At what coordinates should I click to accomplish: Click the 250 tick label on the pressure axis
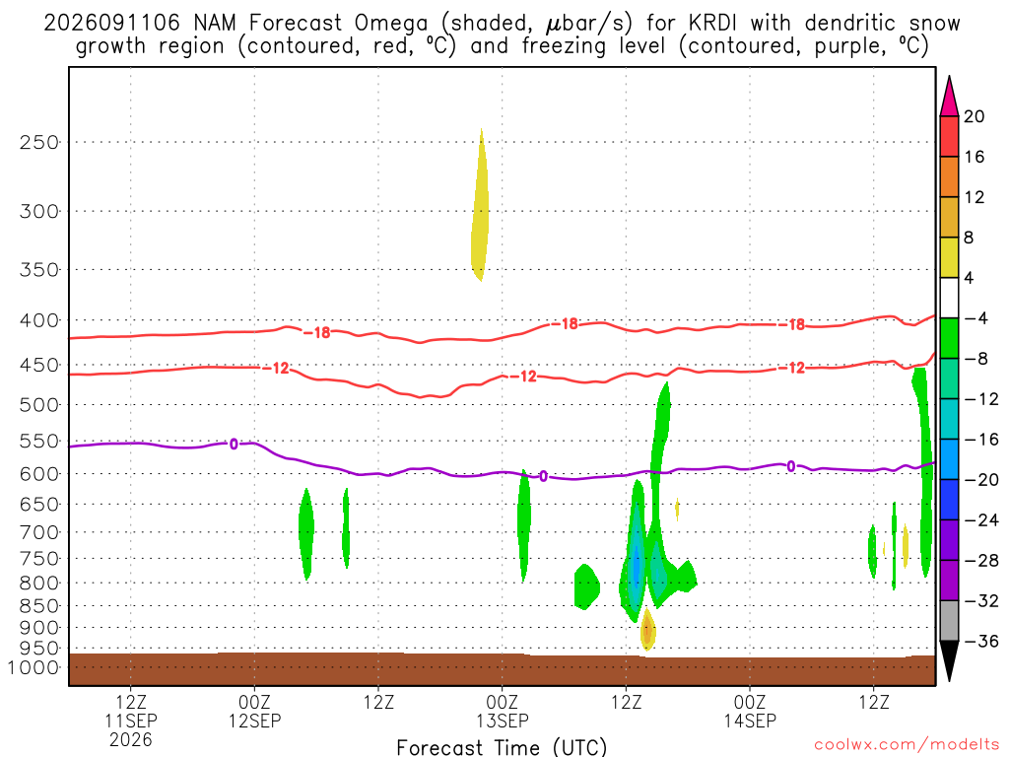[x=39, y=142]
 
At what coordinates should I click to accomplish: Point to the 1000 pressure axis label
[x=33, y=667]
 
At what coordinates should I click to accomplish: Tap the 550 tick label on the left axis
[x=39, y=442]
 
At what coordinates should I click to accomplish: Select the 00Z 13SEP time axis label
[x=503, y=711]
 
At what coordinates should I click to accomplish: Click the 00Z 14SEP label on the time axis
[x=750, y=711]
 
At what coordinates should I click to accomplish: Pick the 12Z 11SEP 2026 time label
[x=131, y=721]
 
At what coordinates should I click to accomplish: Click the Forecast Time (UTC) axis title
[x=502, y=747]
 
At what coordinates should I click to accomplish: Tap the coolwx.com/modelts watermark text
[x=907, y=745]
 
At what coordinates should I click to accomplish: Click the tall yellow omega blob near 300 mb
[x=480, y=205]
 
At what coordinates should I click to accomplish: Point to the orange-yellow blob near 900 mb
[x=647, y=630]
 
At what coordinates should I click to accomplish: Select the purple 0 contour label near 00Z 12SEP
[x=234, y=445]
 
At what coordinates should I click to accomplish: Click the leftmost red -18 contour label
[x=316, y=333]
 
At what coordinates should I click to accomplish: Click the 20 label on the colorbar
[x=975, y=116]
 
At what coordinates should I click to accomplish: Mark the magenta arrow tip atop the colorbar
[x=949, y=77]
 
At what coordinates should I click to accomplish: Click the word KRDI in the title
[x=711, y=24]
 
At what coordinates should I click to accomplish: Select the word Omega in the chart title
[x=390, y=24]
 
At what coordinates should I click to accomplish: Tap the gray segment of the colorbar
[x=949, y=621]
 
